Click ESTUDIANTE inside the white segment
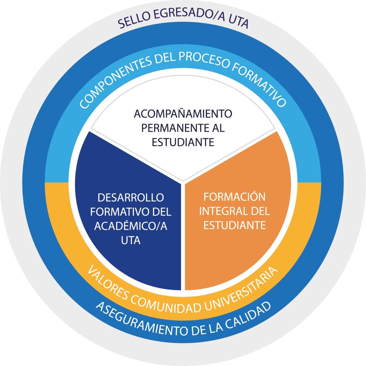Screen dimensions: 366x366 click(183, 142)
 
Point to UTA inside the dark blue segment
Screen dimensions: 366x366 click(130, 241)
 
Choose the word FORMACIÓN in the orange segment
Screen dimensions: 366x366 click(234, 197)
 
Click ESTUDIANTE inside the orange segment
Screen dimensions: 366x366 click(234, 226)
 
